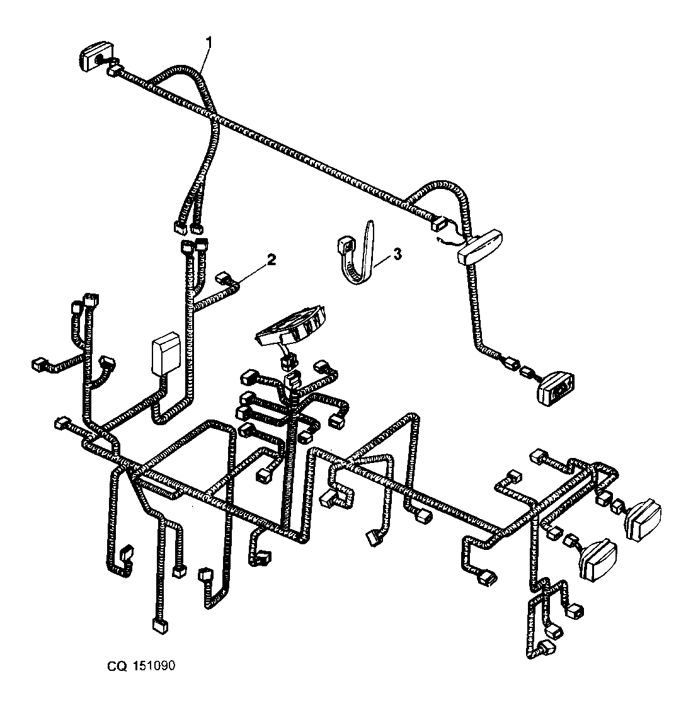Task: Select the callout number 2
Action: pos(272,259)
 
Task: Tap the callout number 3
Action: pos(397,254)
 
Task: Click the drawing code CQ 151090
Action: pos(141,666)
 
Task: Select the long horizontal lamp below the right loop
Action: pos(479,246)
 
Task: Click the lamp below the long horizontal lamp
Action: pos(556,388)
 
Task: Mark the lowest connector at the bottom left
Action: pos(160,626)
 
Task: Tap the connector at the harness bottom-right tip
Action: pos(547,648)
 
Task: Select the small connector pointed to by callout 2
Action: pos(222,278)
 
